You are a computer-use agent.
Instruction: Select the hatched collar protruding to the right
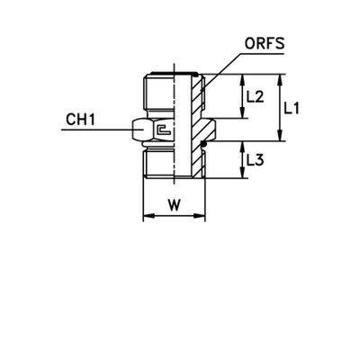tap(206, 132)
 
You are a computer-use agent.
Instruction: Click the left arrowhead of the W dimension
tap(150, 216)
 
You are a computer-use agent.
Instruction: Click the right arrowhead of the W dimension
tap(200, 216)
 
